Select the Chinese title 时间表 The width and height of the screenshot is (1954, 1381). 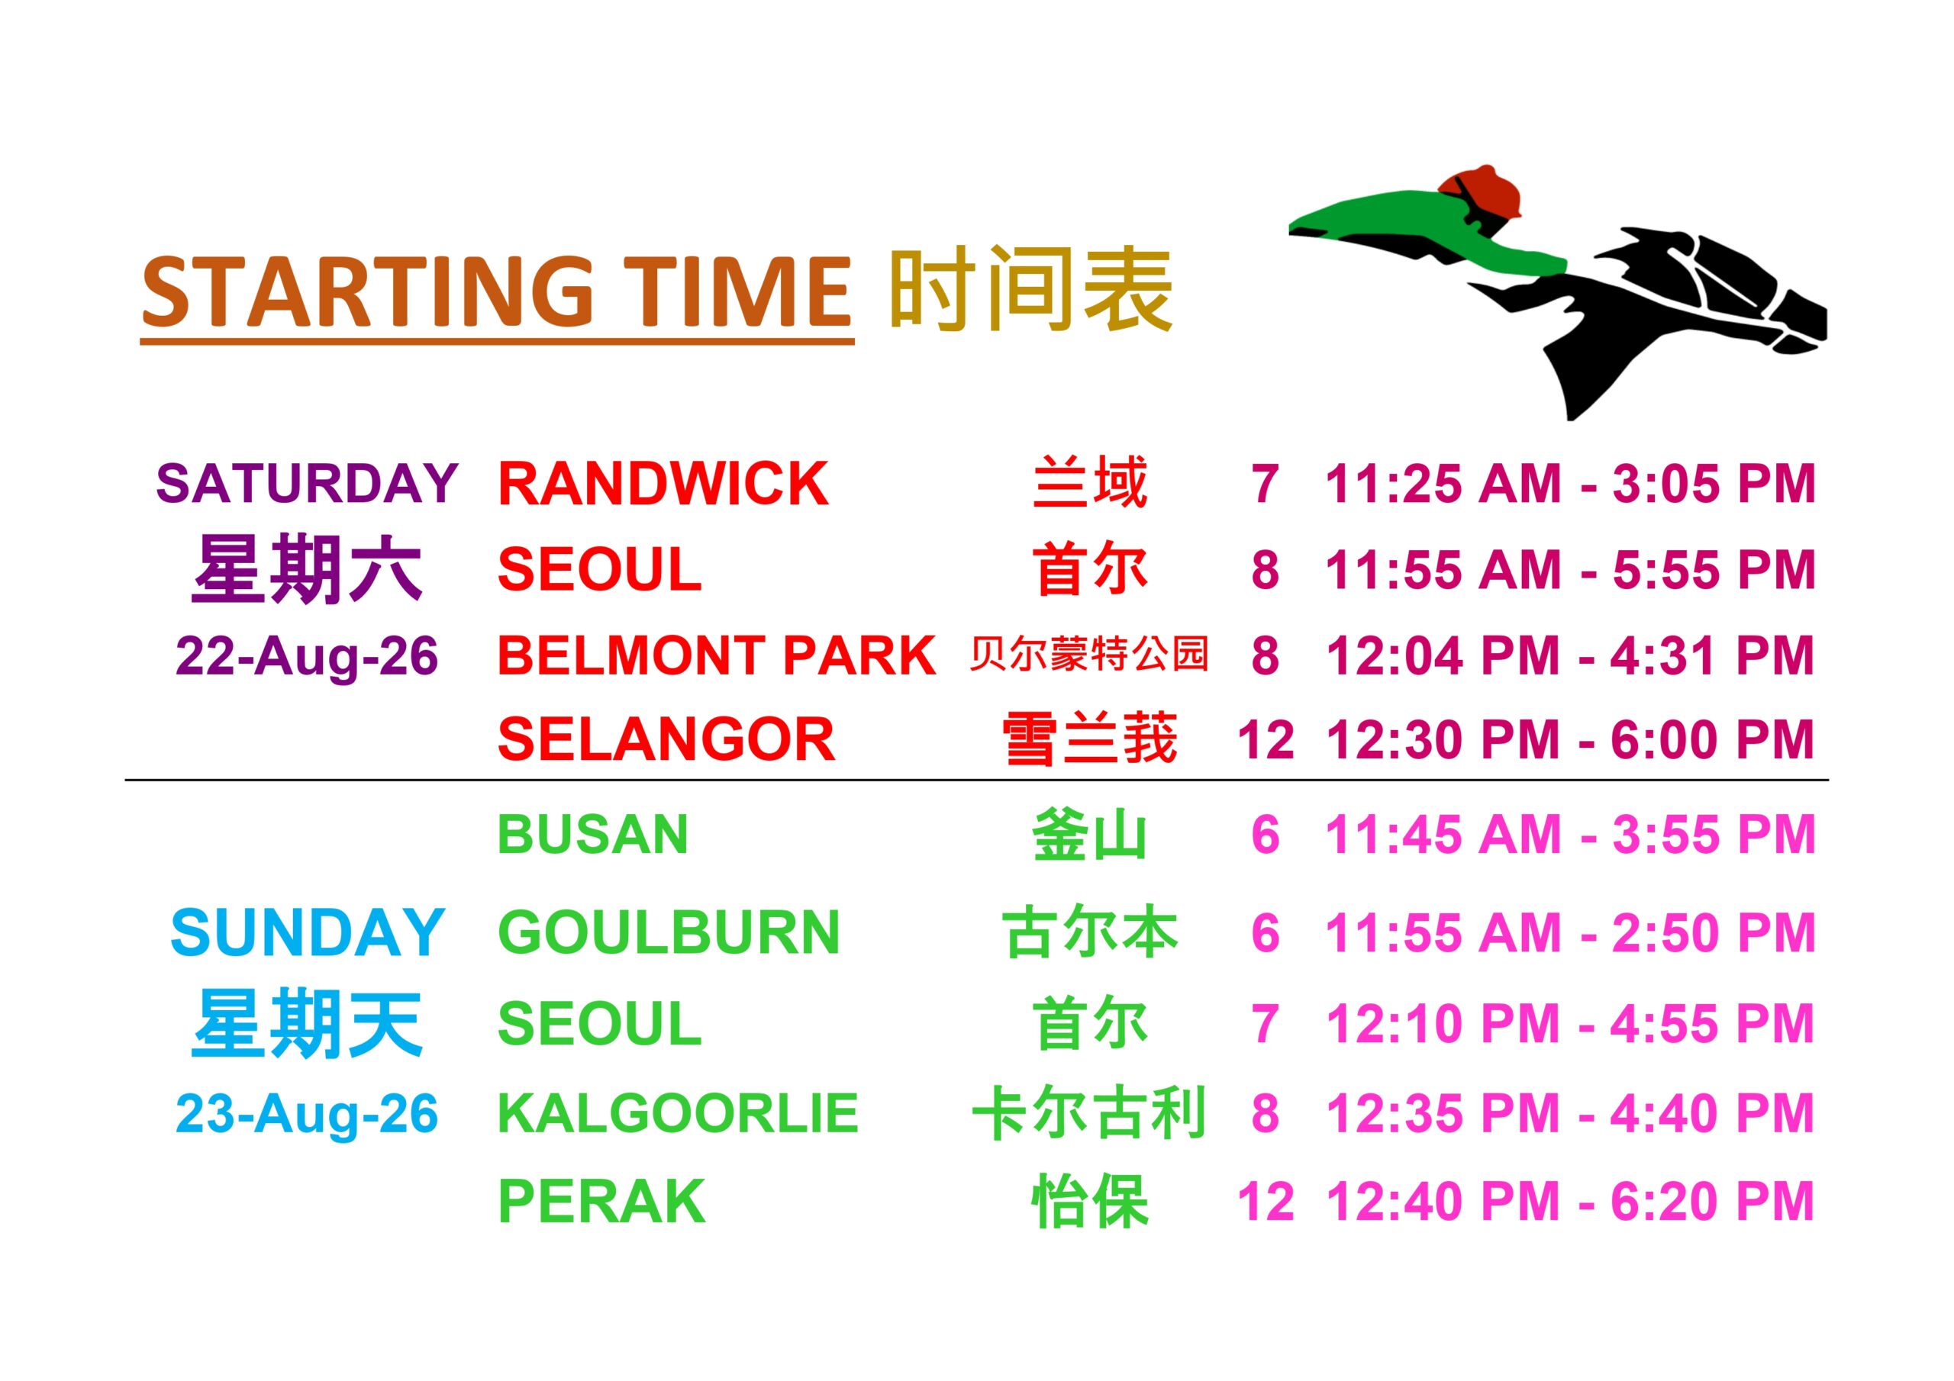(1030, 289)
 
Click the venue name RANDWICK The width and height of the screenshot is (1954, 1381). (663, 484)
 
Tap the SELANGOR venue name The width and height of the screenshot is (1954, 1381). (666, 739)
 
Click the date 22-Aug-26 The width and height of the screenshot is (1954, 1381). (308, 656)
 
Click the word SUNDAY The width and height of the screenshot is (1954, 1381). (308, 932)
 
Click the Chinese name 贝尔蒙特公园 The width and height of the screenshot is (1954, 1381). (1089, 655)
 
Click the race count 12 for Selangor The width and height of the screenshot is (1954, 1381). (1266, 739)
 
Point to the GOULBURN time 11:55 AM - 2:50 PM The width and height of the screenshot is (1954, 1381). (1570, 932)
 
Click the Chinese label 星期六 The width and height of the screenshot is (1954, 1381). (308, 569)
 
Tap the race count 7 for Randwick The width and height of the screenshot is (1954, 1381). (1266, 484)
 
